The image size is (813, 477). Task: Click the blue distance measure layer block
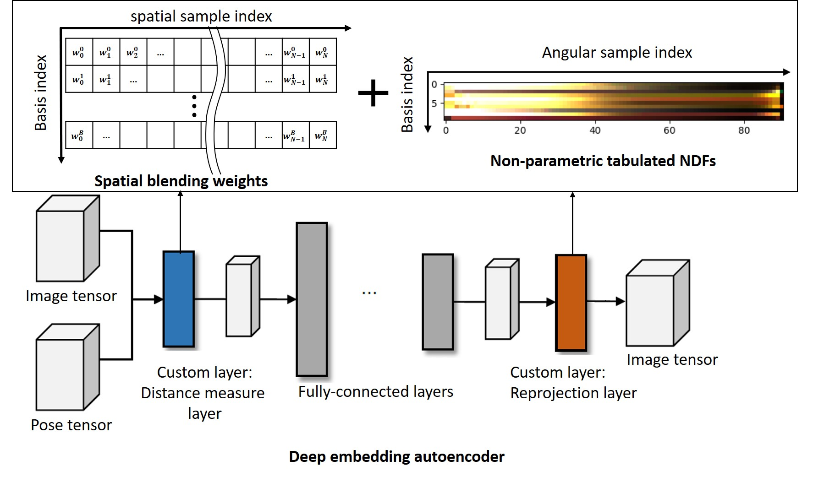pos(179,299)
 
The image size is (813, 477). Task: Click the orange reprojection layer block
pos(571,303)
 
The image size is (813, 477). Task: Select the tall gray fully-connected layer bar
pos(312,299)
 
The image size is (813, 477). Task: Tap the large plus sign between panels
pos(373,93)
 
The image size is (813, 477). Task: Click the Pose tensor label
pos(71,425)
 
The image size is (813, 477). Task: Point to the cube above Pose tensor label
pos(67,368)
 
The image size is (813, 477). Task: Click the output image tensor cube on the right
pos(657,304)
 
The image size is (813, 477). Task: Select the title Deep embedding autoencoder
pos(396,456)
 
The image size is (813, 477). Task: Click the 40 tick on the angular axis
pos(595,130)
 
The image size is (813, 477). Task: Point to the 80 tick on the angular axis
pos(744,130)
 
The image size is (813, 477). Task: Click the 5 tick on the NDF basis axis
pos(434,103)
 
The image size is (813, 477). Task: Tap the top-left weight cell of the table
pos(79,52)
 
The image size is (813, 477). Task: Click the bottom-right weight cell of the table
pos(322,136)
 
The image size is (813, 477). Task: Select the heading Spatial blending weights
pos(181,181)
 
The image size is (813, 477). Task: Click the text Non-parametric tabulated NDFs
pos(603,161)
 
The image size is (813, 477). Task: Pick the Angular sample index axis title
pos(617,53)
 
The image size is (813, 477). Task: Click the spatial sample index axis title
pos(201,16)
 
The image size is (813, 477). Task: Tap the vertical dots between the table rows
pos(194,106)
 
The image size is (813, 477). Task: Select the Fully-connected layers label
pos(375,391)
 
